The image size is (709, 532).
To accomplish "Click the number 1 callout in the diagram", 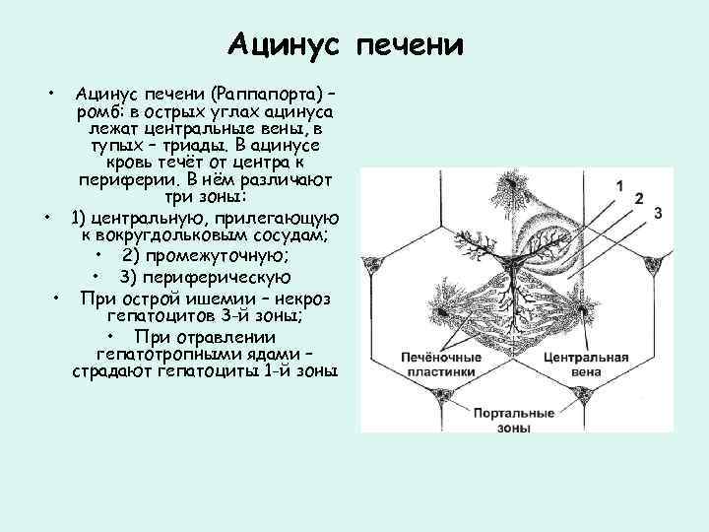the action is pos(619,185).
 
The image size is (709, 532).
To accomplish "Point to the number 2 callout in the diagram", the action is pos(640,199).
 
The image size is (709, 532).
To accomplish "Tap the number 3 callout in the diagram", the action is pos(657,213).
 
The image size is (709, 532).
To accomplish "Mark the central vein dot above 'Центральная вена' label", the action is pos(586,310).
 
